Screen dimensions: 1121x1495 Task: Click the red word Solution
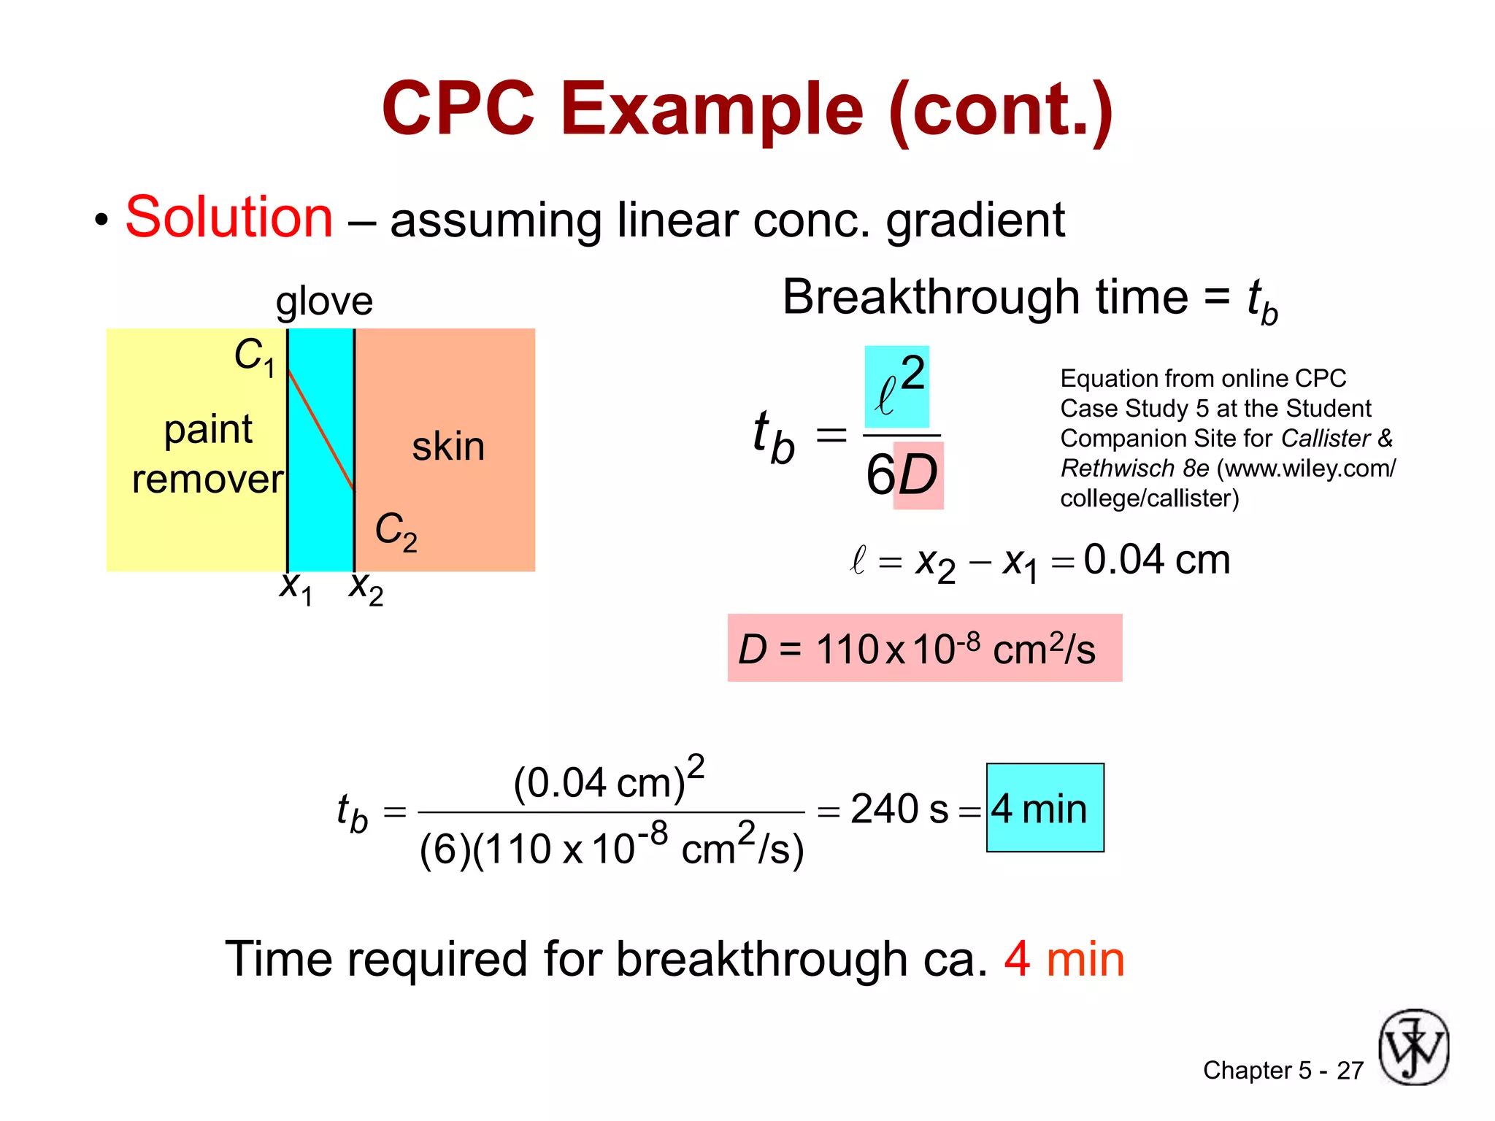pyautogui.click(x=228, y=217)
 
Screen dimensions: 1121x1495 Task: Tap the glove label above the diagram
pyautogui.click(x=324, y=301)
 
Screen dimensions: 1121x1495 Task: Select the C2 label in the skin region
pyautogui.click(x=396, y=531)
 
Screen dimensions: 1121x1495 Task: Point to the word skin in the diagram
pyautogui.click(x=447, y=446)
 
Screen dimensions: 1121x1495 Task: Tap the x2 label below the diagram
pyautogui.click(x=366, y=588)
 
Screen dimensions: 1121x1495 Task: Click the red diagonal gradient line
pyautogui.click(x=321, y=430)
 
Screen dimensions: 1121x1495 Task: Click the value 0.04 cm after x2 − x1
pyautogui.click(x=1156, y=560)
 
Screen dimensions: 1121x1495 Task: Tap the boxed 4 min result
pyautogui.click(x=1045, y=808)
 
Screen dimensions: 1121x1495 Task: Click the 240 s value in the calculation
pyautogui.click(x=899, y=809)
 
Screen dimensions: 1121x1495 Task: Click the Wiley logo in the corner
pyautogui.click(x=1413, y=1047)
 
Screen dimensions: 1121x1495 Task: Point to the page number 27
pyautogui.click(x=1350, y=1071)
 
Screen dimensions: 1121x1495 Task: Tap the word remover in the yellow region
pyautogui.click(x=207, y=479)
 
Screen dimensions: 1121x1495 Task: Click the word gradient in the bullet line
pyautogui.click(x=975, y=220)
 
